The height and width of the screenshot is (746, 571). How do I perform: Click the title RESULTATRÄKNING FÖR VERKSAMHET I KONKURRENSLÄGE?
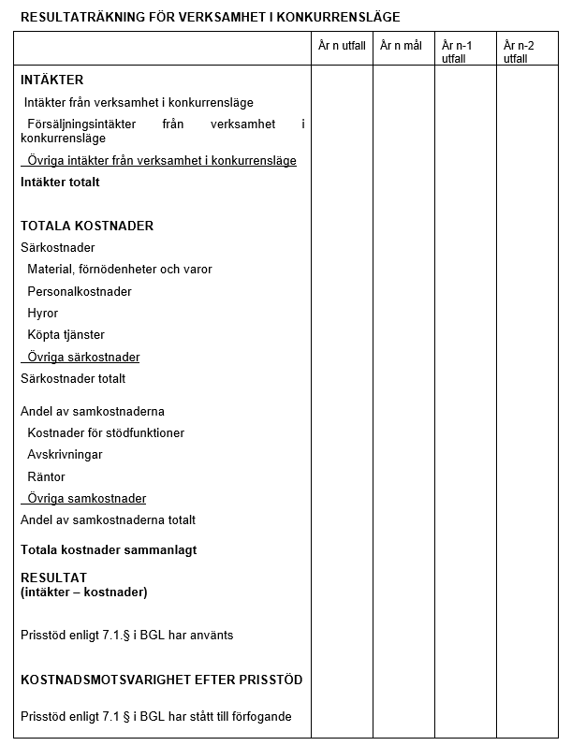click(x=210, y=17)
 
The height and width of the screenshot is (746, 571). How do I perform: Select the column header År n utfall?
click(x=342, y=46)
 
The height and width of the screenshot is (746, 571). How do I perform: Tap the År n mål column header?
click(x=401, y=46)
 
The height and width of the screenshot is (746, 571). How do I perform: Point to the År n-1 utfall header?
click(x=457, y=51)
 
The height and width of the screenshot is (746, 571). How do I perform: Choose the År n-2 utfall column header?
click(x=518, y=51)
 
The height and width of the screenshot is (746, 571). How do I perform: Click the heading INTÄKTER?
click(x=51, y=80)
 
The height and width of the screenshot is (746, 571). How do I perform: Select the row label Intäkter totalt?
click(x=60, y=183)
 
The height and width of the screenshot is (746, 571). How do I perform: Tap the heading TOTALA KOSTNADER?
click(x=87, y=226)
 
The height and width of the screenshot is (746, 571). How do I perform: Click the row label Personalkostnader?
click(x=80, y=291)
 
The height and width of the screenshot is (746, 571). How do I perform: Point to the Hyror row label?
click(x=43, y=314)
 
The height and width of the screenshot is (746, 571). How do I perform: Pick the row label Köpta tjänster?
click(x=66, y=335)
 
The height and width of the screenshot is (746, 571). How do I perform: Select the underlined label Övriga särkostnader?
click(x=83, y=357)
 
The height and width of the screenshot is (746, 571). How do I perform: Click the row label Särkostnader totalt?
click(x=73, y=379)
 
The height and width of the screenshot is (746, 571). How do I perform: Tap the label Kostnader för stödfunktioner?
click(x=106, y=433)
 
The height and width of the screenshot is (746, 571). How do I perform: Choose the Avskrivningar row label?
click(x=65, y=455)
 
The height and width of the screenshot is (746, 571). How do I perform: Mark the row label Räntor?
click(x=46, y=477)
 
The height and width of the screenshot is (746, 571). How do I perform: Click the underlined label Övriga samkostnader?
click(x=86, y=499)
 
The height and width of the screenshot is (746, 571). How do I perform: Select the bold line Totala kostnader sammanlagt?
click(x=109, y=550)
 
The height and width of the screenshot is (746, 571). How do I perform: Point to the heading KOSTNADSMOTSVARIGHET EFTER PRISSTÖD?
click(x=161, y=680)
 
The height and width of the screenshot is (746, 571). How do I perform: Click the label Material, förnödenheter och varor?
click(x=120, y=270)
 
